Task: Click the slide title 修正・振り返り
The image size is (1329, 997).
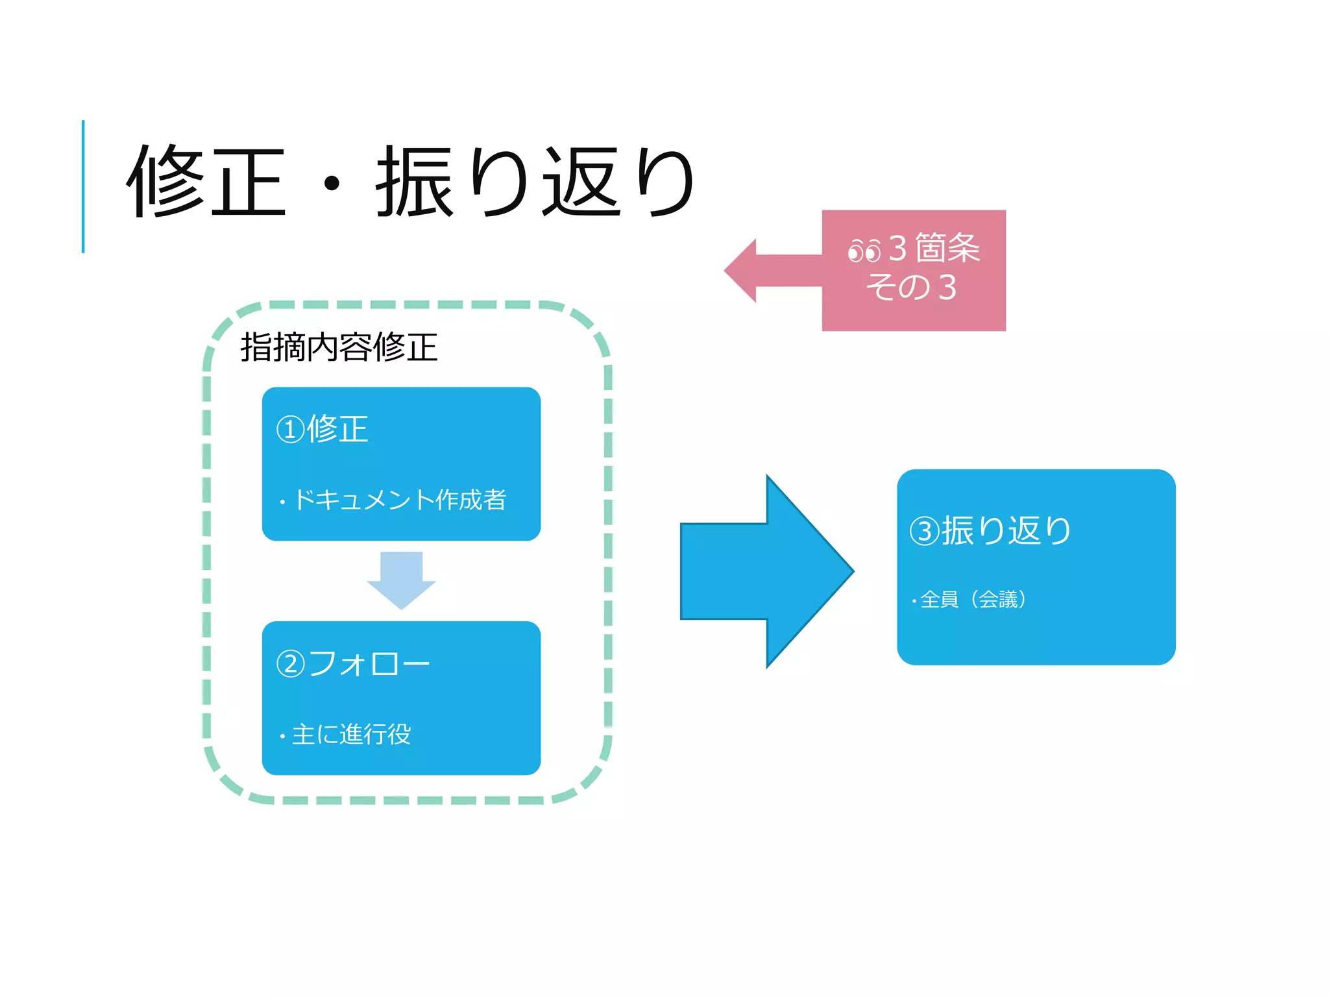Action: pyautogui.click(x=410, y=182)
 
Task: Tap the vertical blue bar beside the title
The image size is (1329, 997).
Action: pyautogui.click(x=83, y=186)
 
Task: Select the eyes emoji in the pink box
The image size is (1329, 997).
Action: pyautogui.click(x=864, y=251)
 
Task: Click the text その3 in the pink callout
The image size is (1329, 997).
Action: pyautogui.click(x=912, y=288)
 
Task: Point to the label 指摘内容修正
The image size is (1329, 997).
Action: pyautogui.click(x=339, y=347)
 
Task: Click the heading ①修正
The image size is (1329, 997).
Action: pyautogui.click(x=323, y=429)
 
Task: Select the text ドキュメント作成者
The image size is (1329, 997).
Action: pyautogui.click(x=400, y=500)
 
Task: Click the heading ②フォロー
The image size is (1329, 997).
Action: pyautogui.click(x=352, y=663)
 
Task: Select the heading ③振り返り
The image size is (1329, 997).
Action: pyautogui.click(x=990, y=530)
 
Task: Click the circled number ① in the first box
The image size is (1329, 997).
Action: pyautogui.click(x=290, y=430)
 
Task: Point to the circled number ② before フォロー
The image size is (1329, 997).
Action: pyautogui.click(x=290, y=664)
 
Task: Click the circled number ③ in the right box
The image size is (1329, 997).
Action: pyautogui.click(x=924, y=531)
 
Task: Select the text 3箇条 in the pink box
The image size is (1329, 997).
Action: pyautogui.click(x=934, y=248)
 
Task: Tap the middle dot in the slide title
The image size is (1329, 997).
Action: pyautogui.click(x=332, y=184)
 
